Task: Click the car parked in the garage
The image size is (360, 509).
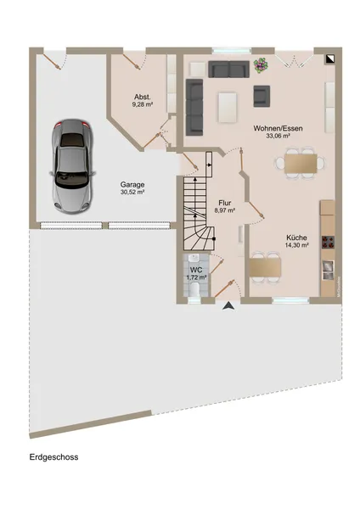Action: [x=71, y=165]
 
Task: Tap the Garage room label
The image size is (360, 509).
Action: [x=132, y=184]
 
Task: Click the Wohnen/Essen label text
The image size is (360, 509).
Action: [x=278, y=127]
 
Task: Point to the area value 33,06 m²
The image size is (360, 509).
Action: [x=278, y=136]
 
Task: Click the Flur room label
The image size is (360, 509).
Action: [x=224, y=203]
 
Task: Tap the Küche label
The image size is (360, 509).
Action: [x=296, y=237]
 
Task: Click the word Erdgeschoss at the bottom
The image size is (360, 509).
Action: [x=53, y=456]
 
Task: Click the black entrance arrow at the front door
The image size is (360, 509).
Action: [x=227, y=305]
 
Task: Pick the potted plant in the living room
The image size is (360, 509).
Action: [x=261, y=64]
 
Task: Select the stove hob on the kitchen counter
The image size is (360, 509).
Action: [x=327, y=239]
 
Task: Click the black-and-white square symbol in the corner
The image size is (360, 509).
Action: [x=329, y=57]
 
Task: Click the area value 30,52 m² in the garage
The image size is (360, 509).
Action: [x=132, y=193]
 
